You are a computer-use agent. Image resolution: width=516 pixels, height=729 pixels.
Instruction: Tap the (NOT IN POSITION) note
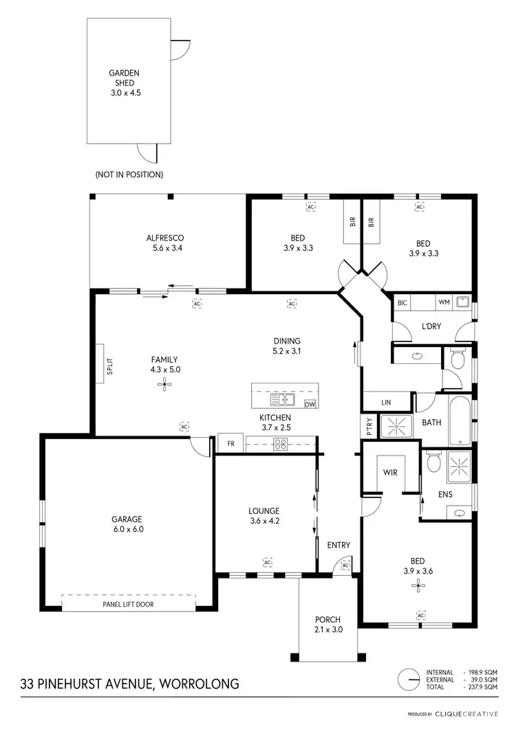coord(130,175)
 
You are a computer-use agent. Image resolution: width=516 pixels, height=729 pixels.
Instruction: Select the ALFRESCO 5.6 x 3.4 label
coord(164,243)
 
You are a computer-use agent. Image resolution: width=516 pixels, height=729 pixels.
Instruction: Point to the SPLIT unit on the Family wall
coord(100,371)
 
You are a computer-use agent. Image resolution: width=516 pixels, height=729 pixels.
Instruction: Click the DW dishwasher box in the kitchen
coord(310,404)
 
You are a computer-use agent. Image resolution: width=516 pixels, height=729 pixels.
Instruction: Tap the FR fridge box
coord(231,444)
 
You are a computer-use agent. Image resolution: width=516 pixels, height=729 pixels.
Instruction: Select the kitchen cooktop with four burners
coord(280,444)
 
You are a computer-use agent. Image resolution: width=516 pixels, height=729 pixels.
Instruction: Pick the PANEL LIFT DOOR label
coord(129,604)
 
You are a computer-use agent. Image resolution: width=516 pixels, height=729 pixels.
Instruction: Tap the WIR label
coord(390,473)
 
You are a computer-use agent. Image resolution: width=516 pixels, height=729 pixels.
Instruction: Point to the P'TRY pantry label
coord(369,426)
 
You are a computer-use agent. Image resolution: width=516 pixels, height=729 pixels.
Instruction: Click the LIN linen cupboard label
coord(385,403)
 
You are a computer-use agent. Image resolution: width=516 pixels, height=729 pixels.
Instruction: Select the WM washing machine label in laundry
coord(444,302)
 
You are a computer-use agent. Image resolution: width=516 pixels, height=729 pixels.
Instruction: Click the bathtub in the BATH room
coord(460,420)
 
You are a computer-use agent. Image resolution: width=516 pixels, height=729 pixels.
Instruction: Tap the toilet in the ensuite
coord(433,464)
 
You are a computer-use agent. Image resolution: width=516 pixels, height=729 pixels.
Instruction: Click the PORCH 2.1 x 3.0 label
coord(327,624)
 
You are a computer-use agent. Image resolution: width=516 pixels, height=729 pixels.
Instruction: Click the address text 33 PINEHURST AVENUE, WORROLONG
coord(130,684)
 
